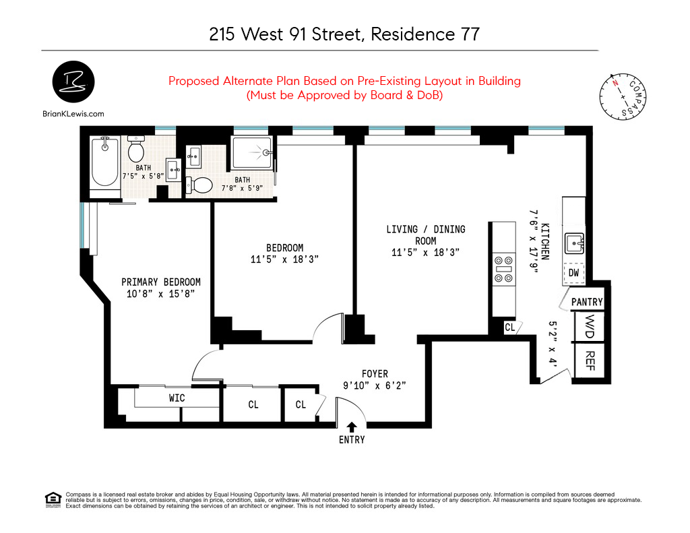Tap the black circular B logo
(x=73, y=82)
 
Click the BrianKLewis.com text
(x=73, y=114)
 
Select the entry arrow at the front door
(x=352, y=427)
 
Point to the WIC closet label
(x=177, y=398)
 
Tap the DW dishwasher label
(x=573, y=272)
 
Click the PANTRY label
(x=587, y=303)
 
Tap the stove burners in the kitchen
(x=503, y=268)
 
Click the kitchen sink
(x=574, y=241)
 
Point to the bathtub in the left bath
(x=105, y=162)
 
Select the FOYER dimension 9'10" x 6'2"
(x=374, y=386)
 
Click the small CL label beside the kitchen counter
(x=509, y=327)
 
